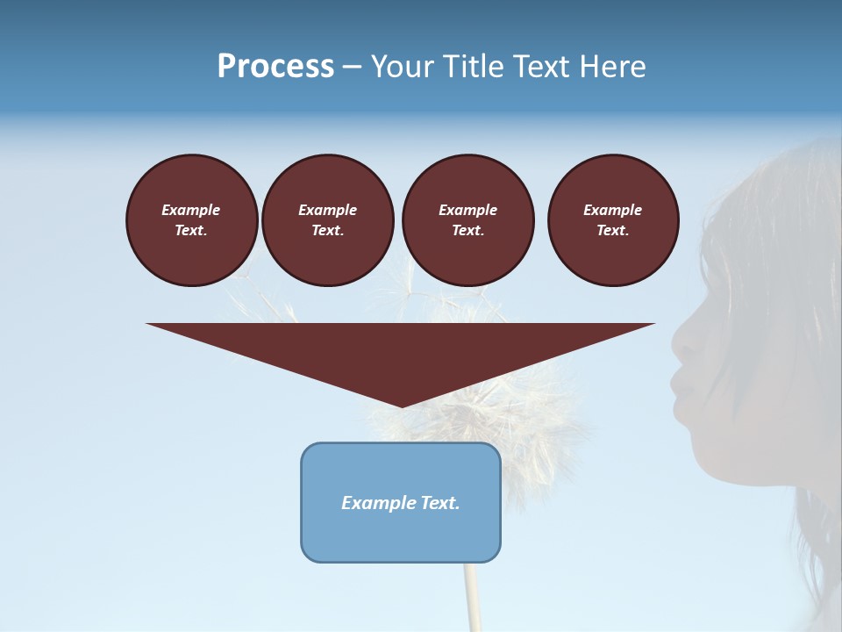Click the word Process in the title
click(x=275, y=67)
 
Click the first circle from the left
click(x=191, y=220)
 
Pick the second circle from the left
click(x=327, y=220)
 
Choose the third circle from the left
click(x=467, y=220)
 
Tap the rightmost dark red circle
click(x=613, y=220)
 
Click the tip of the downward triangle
click(x=401, y=405)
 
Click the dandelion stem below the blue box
click(x=472, y=597)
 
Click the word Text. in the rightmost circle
click(x=613, y=231)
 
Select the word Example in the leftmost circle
click(x=191, y=210)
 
